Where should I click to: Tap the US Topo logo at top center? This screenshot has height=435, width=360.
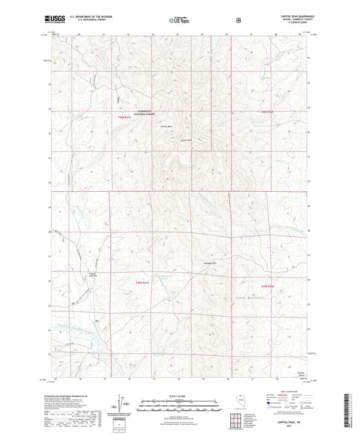(180, 20)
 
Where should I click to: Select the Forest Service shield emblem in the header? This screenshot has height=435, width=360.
(238, 20)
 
